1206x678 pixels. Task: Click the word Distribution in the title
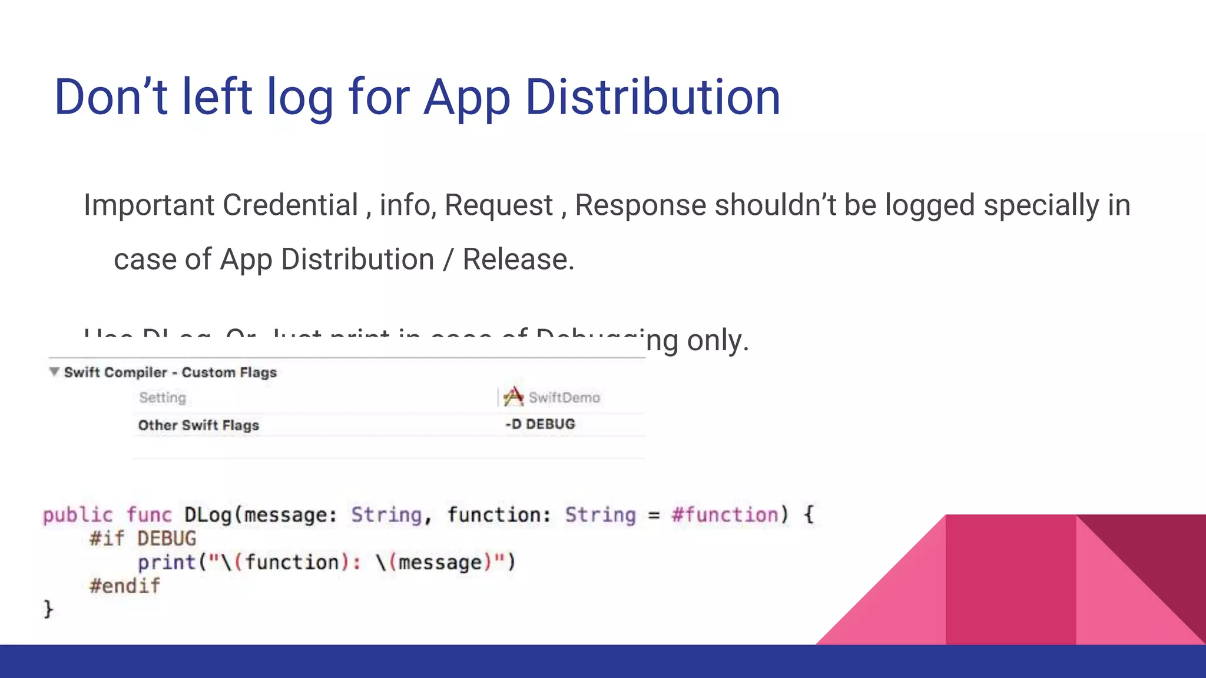click(x=652, y=97)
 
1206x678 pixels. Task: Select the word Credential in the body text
click(x=290, y=205)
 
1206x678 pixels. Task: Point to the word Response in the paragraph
click(x=640, y=205)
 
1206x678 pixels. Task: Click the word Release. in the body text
click(x=518, y=260)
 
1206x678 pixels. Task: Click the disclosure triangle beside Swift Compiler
click(x=54, y=372)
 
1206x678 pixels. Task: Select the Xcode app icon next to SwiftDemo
click(x=513, y=397)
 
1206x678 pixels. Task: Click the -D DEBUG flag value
click(x=540, y=424)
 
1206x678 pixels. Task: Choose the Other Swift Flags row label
click(x=198, y=426)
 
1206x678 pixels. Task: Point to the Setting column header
click(x=163, y=398)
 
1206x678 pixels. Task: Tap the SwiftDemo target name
click(x=564, y=398)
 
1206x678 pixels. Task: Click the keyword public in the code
click(x=78, y=516)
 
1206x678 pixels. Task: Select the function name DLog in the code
click(x=208, y=516)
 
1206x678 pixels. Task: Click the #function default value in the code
click(x=725, y=516)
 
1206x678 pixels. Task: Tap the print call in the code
click(x=167, y=563)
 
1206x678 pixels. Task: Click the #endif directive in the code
click(x=124, y=586)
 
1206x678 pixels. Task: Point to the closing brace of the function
click(x=48, y=609)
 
